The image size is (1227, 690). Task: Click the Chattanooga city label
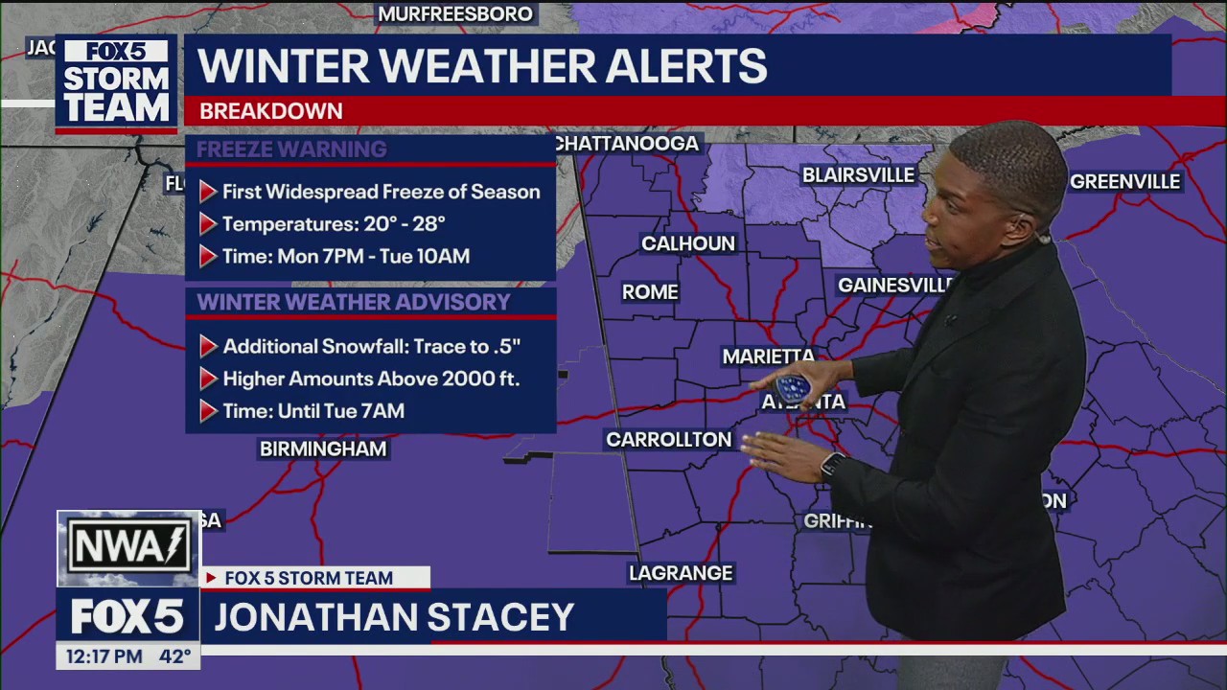[x=628, y=144]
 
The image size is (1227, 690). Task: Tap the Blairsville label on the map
[x=858, y=175]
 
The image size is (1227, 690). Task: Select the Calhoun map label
[x=688, y=243]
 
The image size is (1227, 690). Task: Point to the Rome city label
[x=650, y=292]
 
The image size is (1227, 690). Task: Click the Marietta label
[x=768, y=356]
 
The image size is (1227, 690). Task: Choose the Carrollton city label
[x=668, y=440]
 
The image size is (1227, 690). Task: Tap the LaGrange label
[x=681, y=573]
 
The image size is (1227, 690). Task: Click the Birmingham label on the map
[x=323, y=448]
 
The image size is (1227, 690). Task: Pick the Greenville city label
[x=1124, y=182]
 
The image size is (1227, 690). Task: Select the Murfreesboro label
[x=455, y=14]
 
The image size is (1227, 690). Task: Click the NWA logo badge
[x=128, y=548]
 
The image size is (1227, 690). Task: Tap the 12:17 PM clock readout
[x=104, y=656]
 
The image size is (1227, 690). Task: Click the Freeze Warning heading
[x=291, y=149]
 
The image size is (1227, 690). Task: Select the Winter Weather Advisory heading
[x=353, y=303]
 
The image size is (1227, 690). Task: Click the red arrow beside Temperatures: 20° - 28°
[x=208, y=224]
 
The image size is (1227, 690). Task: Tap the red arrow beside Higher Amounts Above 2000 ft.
[x=208, y=379]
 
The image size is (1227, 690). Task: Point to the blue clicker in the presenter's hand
[x=793, y=388]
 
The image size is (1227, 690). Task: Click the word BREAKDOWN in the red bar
[x=270, y=111]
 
